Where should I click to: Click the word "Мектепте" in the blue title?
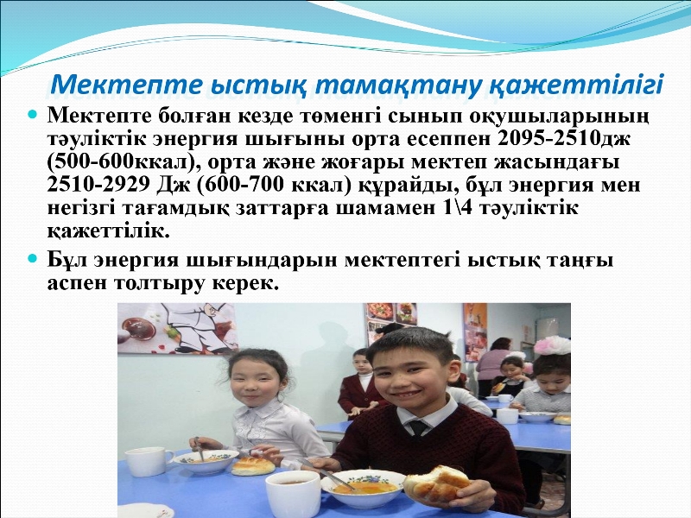126,85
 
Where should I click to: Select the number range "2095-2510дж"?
564,138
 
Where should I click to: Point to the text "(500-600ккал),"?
124,162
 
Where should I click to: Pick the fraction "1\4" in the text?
455,208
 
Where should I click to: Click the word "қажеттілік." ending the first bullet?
109,231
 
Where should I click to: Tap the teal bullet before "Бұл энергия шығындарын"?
31,258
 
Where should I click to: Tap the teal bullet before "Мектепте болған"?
31,115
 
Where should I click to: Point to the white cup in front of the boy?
293,494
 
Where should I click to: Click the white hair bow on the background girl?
552,345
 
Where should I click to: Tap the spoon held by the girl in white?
200,448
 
